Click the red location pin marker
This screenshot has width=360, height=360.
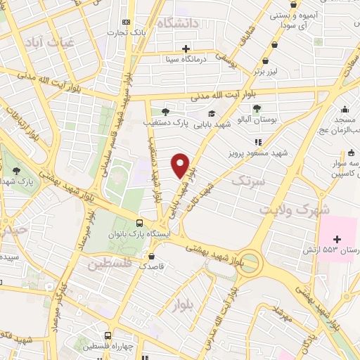[x=181, y=165]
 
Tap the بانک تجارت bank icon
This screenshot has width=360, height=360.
[x=126, y=22]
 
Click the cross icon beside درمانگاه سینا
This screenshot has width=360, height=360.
[x=186, y=49]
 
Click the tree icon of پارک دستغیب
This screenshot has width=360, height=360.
[x=165, y=111]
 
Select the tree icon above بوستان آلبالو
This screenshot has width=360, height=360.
[x=256, y=108]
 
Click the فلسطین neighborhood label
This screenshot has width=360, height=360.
[x=110, y=264]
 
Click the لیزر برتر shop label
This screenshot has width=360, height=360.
[x=266, y=72]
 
